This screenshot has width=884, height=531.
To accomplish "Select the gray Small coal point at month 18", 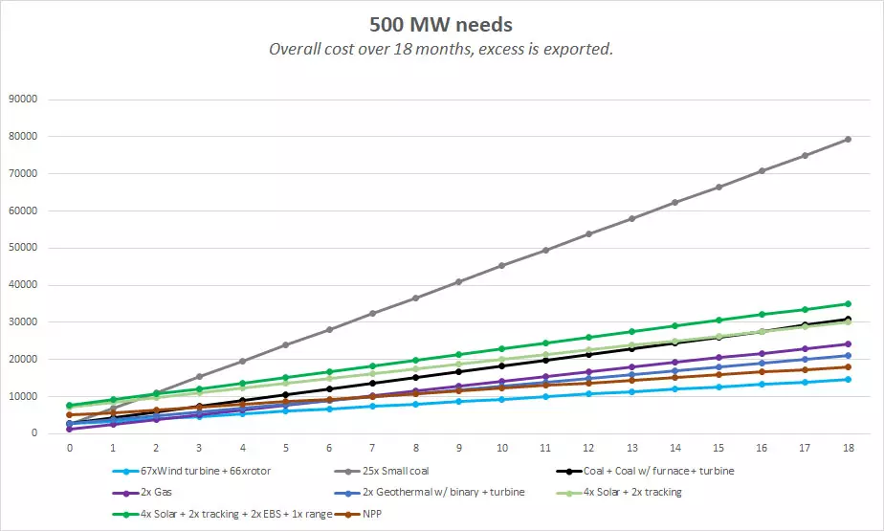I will click(x=848, y=140).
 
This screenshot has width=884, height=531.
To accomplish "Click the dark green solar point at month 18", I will click(x=848, y=303).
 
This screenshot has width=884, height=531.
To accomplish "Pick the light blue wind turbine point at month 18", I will click(x=848, y=380).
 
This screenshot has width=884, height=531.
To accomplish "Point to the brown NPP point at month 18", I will click(x=848, y=366).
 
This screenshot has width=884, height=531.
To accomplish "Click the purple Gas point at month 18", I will click(x=848, y=344).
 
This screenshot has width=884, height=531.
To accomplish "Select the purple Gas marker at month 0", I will click(x=70, y=429).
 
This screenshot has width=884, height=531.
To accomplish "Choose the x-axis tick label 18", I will click(x=847, y=447).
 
